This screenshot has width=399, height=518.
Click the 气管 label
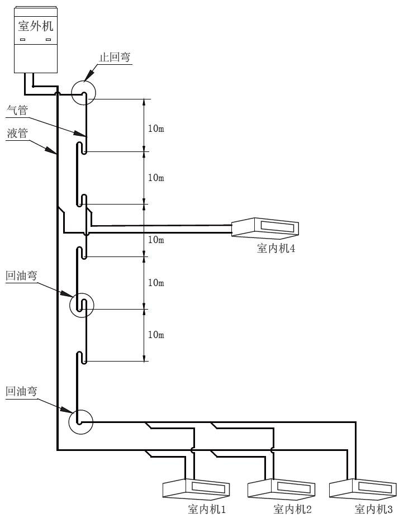(x=17, y=111)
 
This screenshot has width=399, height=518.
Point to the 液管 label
(x=17, y=134)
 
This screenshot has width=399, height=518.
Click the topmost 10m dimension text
(x=156, y=129)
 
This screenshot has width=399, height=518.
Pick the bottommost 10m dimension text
(x=156, y=335)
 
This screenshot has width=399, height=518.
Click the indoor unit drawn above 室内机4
(x=265, y=227)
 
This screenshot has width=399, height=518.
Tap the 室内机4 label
(x=276, y=249)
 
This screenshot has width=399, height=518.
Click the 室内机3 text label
(x=374, y=509)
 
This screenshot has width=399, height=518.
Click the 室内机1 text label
(x=207, y=509)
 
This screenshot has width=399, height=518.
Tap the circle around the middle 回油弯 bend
(x=82, y=305)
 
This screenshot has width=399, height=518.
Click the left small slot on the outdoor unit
(x=23, y=40)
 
